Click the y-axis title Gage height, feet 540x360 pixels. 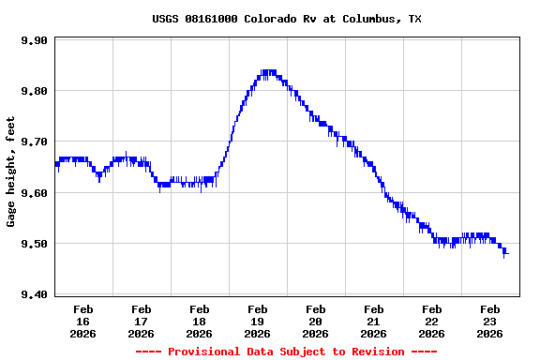tap(12, 172)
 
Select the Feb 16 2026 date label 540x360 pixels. tap(82, 321)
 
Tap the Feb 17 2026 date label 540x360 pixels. tap(141, 321)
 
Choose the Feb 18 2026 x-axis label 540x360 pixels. tap(199, 321)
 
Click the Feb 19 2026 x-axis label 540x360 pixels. tap(257, 321)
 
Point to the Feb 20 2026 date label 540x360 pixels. tap(315, 321)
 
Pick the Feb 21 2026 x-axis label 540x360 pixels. tap(373, 321)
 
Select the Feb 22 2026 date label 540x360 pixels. tap(431, 321)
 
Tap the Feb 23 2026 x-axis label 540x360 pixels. tap(489, 321)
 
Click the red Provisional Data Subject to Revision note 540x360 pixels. tap(286, 352)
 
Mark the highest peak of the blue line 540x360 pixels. tap(269, 71)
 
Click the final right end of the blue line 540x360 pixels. tap(507, 253)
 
